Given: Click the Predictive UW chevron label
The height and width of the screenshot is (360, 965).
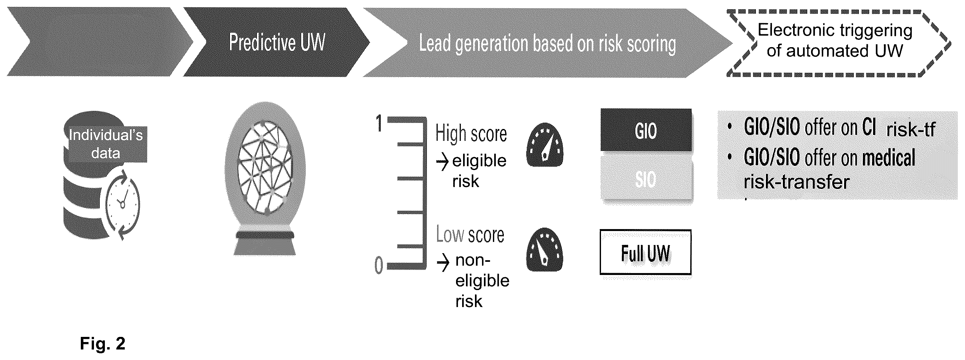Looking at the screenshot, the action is tap(277, 42).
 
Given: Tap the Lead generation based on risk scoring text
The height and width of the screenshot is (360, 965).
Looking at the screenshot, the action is tap(547, 44).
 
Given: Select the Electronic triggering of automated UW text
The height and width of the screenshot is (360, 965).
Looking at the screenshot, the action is tap(835, 40).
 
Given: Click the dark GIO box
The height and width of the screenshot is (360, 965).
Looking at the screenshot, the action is tap(646, 130).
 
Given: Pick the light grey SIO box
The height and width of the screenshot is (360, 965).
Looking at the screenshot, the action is tap(646, 179).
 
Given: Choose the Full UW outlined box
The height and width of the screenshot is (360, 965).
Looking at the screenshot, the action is tap(646, 253).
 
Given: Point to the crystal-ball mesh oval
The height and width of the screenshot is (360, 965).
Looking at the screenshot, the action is tap(265, 167).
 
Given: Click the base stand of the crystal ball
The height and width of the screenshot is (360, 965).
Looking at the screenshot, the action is tap(265, 244).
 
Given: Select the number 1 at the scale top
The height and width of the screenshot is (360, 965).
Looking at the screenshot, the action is tap(379, 123).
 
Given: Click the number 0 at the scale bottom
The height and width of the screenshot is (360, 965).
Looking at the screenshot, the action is tap(379, 265).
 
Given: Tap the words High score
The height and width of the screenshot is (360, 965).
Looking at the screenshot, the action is tap(471, 134).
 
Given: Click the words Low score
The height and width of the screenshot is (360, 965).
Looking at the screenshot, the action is tap(470, 235).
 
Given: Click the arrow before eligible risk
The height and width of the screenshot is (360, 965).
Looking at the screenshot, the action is tap(443, 162).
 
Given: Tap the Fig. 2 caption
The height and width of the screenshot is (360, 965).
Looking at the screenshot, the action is tap(103, 343).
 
